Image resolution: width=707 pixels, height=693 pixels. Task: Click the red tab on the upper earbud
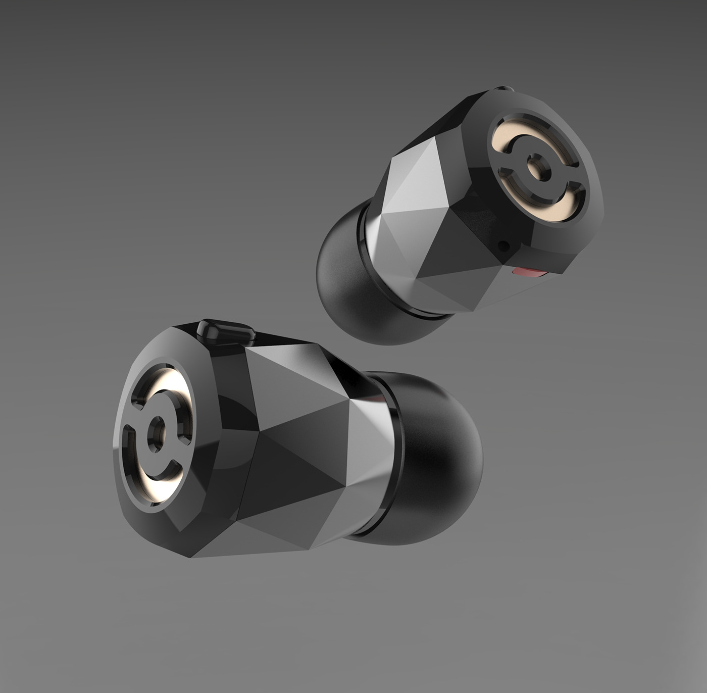528,273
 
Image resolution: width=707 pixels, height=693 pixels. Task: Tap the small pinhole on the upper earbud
502,245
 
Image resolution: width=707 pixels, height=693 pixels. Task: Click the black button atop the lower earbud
226,331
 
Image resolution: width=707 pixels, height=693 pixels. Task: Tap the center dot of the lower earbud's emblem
158,432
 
